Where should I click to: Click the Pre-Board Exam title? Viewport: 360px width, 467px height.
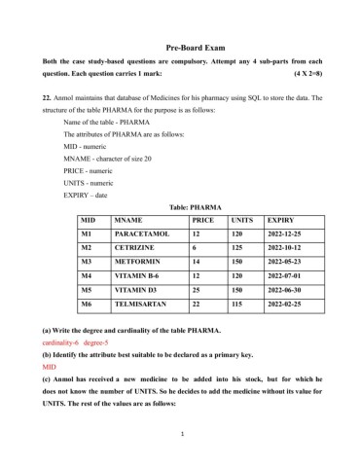click(x=180, y=46)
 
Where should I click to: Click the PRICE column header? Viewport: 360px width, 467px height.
click(x=202, y=221)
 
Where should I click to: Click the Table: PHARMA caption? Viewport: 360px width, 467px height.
click(x=181, y=207)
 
